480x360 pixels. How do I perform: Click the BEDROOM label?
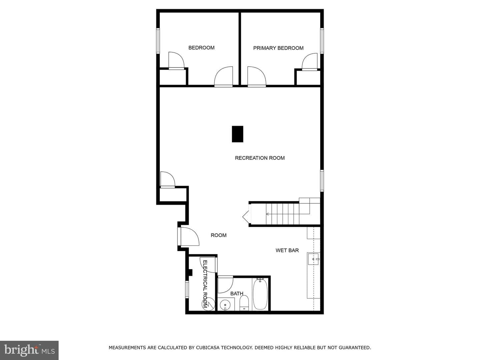(201, 48)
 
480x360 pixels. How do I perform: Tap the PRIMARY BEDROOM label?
(278, 48)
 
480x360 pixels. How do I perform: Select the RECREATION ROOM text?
(260, 158)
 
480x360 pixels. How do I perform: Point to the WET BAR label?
(287, 250)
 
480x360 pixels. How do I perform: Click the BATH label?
(237, 294)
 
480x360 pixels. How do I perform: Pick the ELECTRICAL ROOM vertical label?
(205, 284)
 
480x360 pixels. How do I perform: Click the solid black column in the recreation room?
(237, 134)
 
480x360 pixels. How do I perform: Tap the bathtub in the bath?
(260, 294)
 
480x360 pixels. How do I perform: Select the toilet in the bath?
(244, 303)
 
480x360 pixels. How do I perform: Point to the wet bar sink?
(314, 259)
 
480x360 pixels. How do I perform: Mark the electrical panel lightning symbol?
(208, 304)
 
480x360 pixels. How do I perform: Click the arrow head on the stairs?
(267, 214)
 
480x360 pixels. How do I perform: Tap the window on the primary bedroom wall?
(322, 41)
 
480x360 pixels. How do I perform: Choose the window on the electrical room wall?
(187, 289)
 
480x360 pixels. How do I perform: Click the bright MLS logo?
(29, 350)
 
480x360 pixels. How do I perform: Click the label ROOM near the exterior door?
(218, 235)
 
